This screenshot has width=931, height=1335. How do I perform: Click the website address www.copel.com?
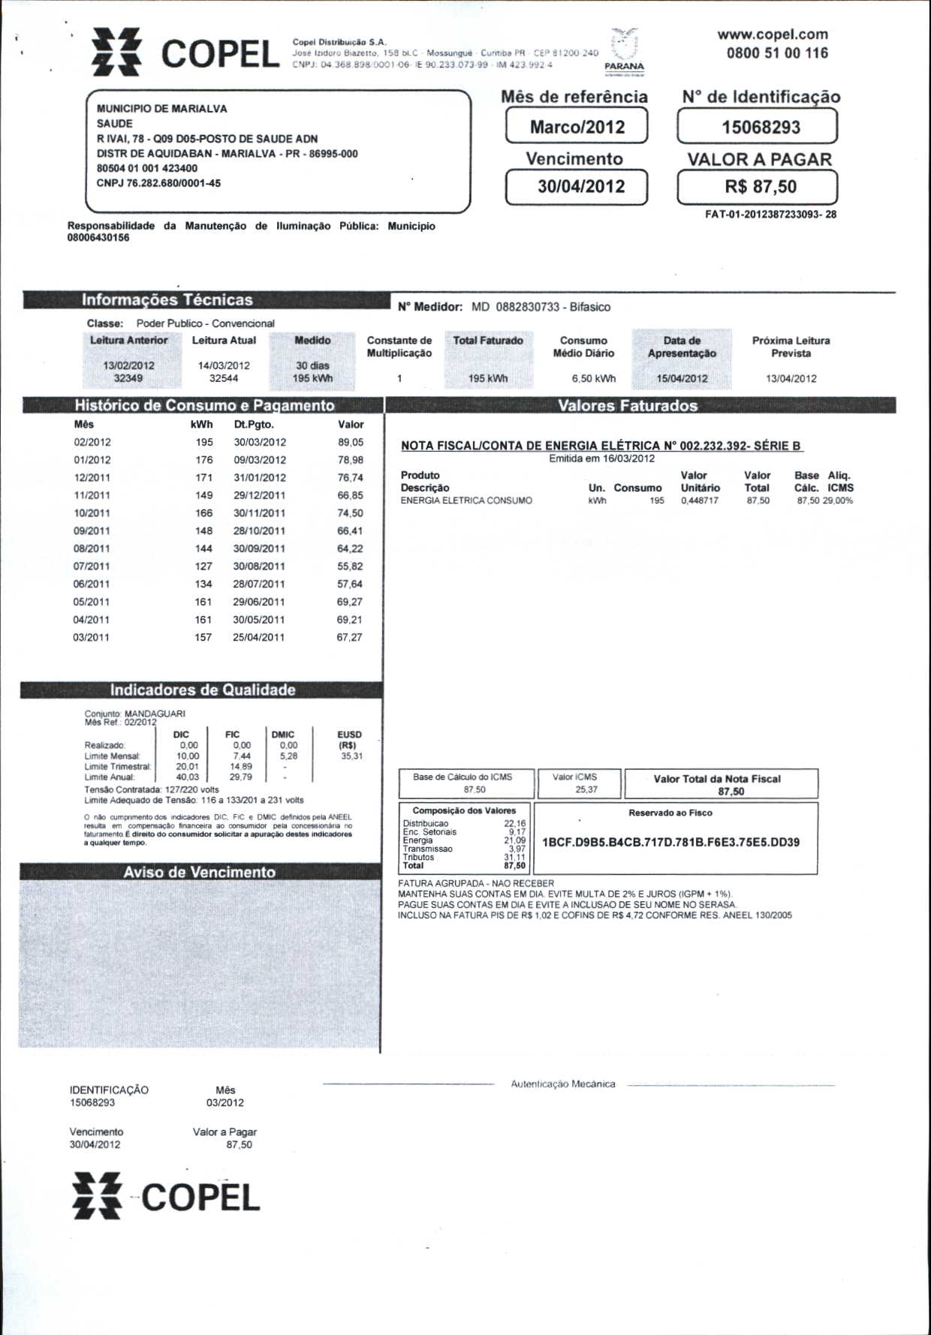tap(773, 35)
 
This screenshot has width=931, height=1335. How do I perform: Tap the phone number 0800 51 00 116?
tap(777, 53)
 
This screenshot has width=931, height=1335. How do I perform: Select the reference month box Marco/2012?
tap(577, 126)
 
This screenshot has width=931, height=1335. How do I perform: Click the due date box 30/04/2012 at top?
tap(577, 187)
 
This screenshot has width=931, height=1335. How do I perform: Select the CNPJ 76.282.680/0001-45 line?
tap(158, 183)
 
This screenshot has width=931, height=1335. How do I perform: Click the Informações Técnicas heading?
tap(167, 299)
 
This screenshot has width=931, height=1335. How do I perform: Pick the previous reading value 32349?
tap(128, 378)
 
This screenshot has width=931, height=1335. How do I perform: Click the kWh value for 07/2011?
tap(203, 567)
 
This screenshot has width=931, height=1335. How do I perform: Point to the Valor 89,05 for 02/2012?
tap(351, 443)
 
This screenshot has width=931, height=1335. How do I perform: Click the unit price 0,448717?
tap(699, 501)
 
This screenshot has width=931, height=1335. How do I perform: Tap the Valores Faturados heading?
tap(628, 406)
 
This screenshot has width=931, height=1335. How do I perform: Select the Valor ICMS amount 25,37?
tap(586, 789)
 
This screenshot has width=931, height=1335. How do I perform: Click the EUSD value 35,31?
tap(351, 756)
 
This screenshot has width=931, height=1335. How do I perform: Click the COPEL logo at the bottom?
tap(166, 1197)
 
